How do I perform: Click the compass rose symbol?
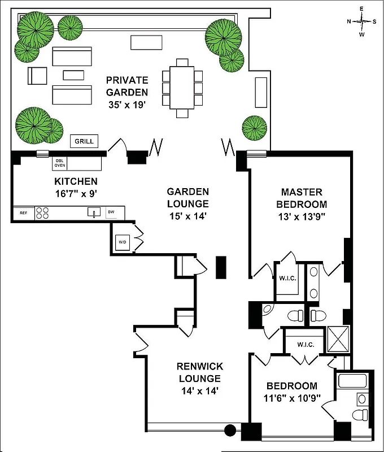point(362,21)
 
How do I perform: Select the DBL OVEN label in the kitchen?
point(59,163)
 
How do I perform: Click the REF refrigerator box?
point(23,213)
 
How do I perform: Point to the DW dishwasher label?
point(111,212)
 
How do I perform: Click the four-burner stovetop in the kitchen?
point(42,213)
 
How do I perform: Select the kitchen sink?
point(94,212)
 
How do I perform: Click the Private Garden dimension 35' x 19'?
point(128,105)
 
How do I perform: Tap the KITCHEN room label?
point(76,181)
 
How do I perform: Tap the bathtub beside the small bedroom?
point(353,381)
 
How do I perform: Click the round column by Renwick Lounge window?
point(230,431)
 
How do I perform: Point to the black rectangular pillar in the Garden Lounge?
point(221,267)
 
